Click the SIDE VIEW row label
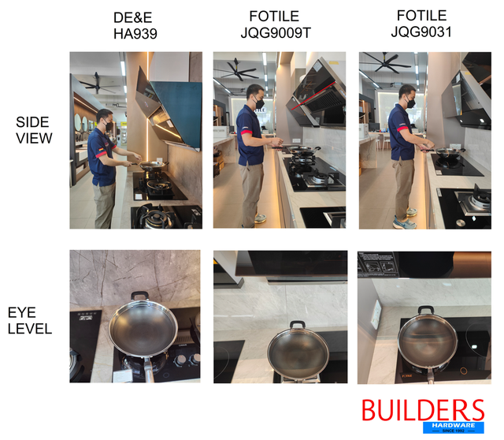(34, 130)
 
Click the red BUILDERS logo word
(422, 411)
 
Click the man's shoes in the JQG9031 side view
(403, 223)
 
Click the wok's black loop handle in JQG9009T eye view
(297, 325)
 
